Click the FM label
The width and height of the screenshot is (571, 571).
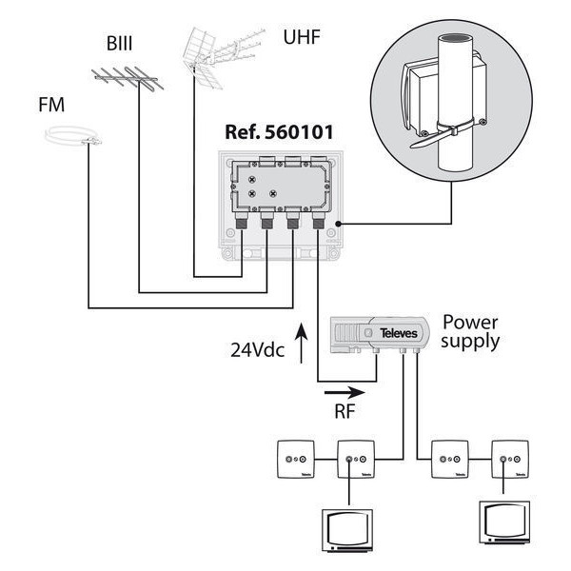coord(51,104)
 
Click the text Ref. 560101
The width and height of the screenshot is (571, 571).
coord(279,132)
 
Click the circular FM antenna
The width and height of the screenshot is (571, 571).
coord(71,139)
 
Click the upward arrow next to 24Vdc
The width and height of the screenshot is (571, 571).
coord(303,343)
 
